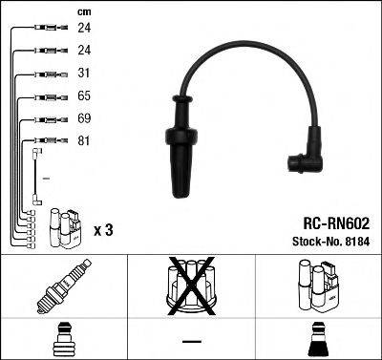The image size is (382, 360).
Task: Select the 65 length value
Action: click(x=83, y=97)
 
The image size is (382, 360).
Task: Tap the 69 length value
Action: click(x=83, y=119)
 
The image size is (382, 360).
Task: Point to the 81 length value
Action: click(x=83, y=141)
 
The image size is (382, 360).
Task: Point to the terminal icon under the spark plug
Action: click(x=62, y=339)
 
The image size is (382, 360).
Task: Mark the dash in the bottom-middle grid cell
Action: click(x=190, y=340)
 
